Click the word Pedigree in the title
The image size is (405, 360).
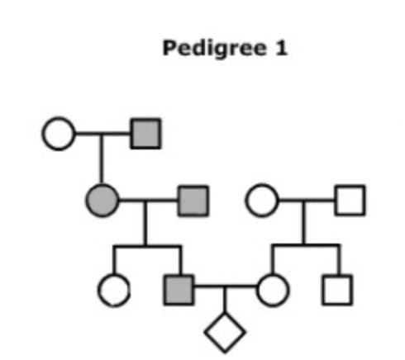(x=215, y=49)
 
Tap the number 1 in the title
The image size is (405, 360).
(x=281, y=48)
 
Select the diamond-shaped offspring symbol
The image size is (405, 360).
(x=225, y=333)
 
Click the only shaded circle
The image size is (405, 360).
(x=102, y=200)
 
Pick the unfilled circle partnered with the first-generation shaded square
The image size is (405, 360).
(x=59, y=134)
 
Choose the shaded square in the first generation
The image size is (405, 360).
(x=145, y=134)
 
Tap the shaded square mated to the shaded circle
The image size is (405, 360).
(x=193, y=201)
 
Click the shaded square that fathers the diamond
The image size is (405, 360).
(x=179, y=290)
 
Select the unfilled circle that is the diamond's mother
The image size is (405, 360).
(x=273, y=290)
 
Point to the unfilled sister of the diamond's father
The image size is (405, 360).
(x=114, y=290)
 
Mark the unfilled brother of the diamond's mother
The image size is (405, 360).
(x=337, y=290)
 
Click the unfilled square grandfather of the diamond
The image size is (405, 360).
(x=350, y=200)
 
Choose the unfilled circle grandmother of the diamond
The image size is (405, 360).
(x=262, y=200)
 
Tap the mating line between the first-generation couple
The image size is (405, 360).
(x=103, y=134)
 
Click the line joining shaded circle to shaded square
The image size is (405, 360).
(x=149, y=200)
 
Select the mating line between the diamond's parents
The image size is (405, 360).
(x=225, y=287)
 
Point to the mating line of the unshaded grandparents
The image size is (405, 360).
(x=307, y=200)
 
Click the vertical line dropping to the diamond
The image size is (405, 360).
(x=225, y=300)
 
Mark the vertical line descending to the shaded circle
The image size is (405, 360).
(x=102, y=159)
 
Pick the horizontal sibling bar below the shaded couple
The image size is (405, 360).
(x=147, y=245)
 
